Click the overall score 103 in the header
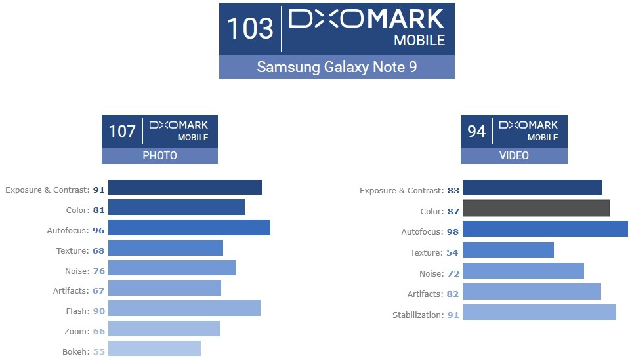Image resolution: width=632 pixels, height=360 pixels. coord(249,29)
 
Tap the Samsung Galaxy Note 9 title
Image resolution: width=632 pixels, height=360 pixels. coord(337,67)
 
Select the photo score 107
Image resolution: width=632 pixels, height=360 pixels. coord(122,131)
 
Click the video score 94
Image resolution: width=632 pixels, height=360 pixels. coord(476,131)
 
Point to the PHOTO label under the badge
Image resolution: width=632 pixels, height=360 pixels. coord(159,156)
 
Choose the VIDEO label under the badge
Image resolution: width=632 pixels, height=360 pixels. coord(514,156)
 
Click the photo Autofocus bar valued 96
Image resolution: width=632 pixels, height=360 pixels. coord(189,228)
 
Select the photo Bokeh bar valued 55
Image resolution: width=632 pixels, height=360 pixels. coord(154,349)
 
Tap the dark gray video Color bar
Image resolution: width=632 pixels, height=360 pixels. coord(536,209)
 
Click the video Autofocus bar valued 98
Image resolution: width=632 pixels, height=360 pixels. coord(545,229)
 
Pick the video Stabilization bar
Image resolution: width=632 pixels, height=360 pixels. coord(539,312)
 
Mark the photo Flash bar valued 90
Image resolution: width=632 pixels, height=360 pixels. coord(184,308)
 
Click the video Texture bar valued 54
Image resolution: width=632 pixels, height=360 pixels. coord(508,250)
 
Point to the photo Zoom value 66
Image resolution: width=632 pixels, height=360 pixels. coord(98,332)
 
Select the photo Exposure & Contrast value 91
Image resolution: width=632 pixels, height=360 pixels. coord(98,190)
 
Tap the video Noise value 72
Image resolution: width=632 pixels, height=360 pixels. coord(453,273)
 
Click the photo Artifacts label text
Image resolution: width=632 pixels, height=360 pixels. coord(70,291)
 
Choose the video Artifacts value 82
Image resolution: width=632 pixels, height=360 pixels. coord(453,294)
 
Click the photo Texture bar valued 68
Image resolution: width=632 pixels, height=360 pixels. coord(165,248)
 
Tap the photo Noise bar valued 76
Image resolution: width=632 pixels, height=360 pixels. coord(172,268)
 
